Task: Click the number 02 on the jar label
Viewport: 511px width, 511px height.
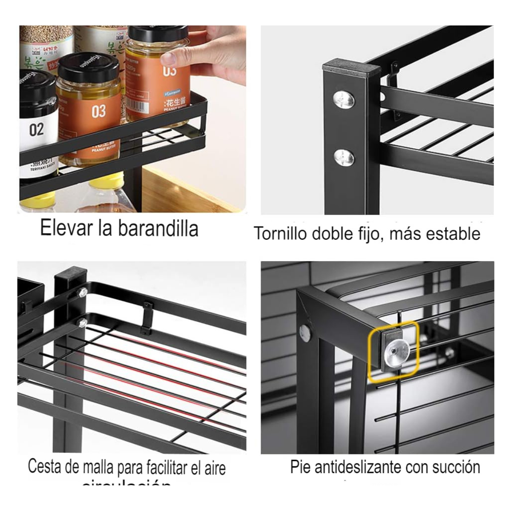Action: click(x=36, y=129)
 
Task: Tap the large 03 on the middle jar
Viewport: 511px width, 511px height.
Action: click(x=98, y=112)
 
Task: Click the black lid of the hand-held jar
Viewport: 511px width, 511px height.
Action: click(x=159, y=33)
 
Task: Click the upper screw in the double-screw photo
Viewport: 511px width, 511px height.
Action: click(x=344, y=100)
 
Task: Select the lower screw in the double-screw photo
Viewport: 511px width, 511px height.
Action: click(x=344, y=158)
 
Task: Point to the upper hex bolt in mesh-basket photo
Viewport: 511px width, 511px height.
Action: click(x=83, y=292)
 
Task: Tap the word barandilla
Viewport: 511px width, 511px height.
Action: click(x=158, y=228)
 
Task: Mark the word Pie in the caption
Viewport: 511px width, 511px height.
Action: click(x=299, y=467)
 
